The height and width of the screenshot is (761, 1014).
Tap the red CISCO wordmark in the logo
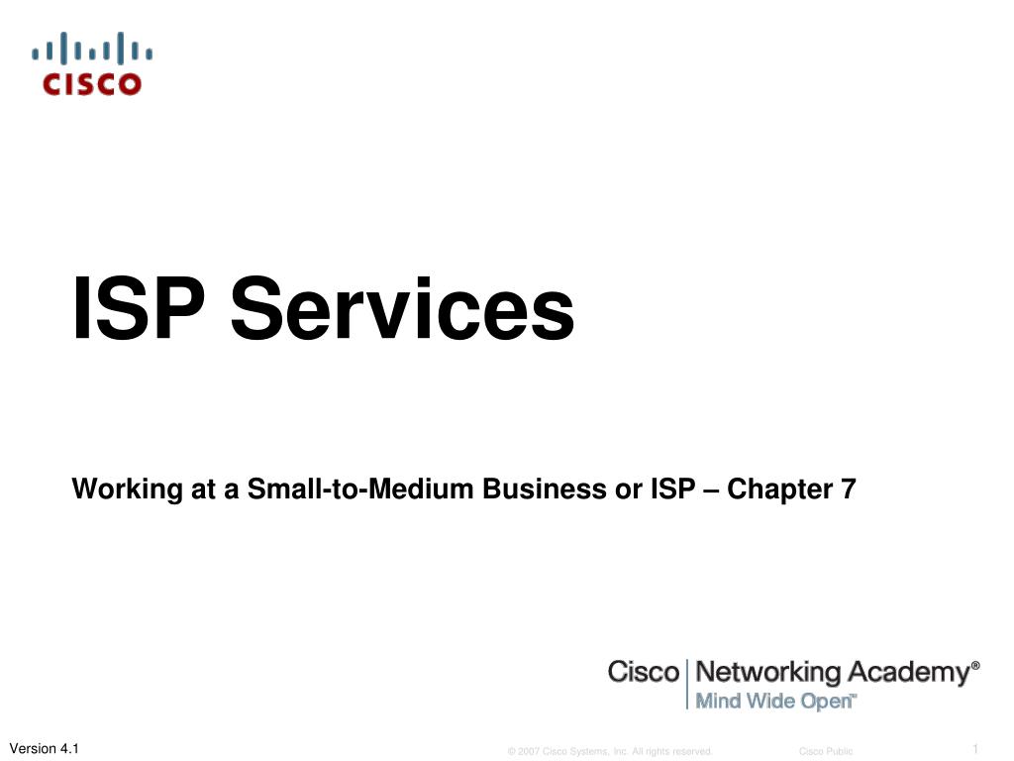92,84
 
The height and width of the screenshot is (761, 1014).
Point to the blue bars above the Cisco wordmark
92,49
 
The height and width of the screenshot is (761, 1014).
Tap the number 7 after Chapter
849,489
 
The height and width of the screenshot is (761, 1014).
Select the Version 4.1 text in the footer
44,748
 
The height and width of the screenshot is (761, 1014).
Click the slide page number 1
975,748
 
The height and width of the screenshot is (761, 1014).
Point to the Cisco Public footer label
826,752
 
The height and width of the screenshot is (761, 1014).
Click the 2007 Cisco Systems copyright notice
610,752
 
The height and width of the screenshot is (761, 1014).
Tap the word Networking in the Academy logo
767,672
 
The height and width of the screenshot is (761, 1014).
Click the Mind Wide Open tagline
774,701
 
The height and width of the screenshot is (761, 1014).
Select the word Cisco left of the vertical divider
644,672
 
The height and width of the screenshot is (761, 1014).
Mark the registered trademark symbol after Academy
976,666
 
